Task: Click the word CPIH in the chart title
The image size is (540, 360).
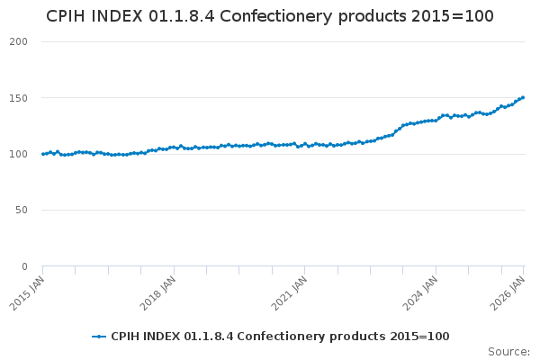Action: click(x=68, y=17)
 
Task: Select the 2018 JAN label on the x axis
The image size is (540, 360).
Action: click(x=158, y=294)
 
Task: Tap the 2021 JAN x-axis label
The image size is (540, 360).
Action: click(x=290, y=294)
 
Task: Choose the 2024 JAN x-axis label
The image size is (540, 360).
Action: click(x=421, y=294)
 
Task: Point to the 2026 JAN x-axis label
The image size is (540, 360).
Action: click(x=508, y=294)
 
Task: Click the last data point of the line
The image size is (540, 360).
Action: click(x=523, y=97)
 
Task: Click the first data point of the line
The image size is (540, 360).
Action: click(x=42, y=154)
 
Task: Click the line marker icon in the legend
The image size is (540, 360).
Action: click(x=99, y=337)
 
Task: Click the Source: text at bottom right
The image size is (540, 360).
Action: click(x=508, y=351)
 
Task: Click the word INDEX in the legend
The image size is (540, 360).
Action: click(x=162, y=337)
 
